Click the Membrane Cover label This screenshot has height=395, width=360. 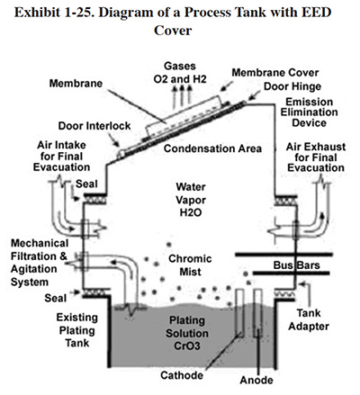[275, 73]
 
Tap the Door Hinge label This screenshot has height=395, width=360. [292, 86]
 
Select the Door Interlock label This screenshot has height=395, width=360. [94, 126]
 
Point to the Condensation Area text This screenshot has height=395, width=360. [212, 148]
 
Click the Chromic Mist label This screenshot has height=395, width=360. [190, 265]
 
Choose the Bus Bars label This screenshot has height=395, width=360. [296, 265]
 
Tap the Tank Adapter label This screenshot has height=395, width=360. [309, 319]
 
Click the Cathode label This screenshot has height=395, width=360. [182, 375]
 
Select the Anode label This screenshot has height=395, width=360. [256, 380]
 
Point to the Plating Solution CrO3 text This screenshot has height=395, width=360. [187, 333]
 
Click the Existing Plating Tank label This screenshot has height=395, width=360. [77, 330]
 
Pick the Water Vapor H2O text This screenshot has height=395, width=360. [191, 200]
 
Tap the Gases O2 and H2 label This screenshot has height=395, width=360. [180, 72]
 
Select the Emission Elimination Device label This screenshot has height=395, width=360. [309, 112]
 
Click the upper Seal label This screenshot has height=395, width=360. [86, 184]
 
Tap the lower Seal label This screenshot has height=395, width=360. [56, 298]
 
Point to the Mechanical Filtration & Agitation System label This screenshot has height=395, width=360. [39, 263]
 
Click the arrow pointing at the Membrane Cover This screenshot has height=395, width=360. [227, 85]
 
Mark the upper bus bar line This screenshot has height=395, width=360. [283, 255]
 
